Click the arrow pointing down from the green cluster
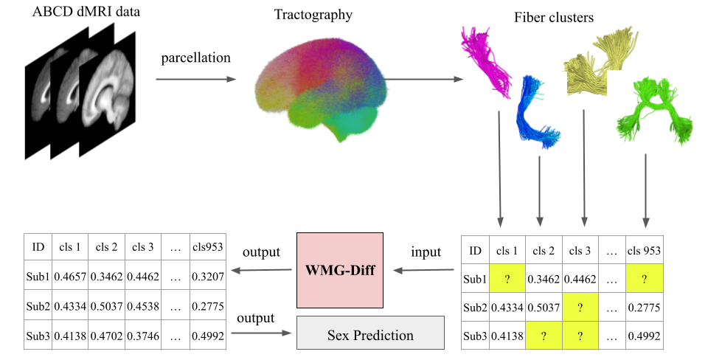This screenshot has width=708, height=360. [x=646, y=188]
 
